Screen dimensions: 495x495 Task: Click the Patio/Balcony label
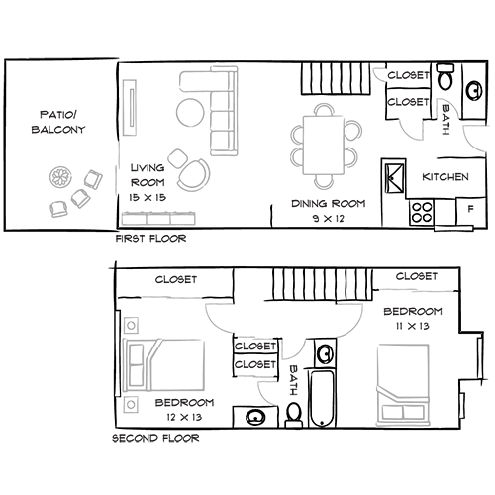pos(58,122)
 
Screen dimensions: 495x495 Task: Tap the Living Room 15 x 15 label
pos(148,182)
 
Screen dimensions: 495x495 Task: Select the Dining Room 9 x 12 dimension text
pos(329,218)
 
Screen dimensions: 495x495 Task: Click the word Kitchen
pos(445,177)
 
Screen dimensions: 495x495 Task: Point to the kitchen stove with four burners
pos(422,212)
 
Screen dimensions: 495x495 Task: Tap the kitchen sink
pos(394,178)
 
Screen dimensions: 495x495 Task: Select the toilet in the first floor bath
pos(445,77)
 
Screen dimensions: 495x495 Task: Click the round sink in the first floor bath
pos(474,90)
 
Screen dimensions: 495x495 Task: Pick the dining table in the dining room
pos(323,146)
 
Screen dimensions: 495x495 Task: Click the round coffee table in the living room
pos(190,112)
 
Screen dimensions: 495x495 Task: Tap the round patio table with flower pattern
pos(60,177)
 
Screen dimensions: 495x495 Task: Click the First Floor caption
pos(150,239)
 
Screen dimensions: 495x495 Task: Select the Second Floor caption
pos(155,438)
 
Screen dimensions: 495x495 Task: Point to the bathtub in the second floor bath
pos(322,399)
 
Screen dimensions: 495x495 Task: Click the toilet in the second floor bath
pos(293,415)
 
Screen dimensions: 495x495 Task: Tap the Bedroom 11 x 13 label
pos(413,319)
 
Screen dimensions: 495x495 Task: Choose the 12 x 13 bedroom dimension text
pos(184,417)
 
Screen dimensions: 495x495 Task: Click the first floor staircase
pos(335,78)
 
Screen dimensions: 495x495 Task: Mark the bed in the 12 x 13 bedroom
pos(163,365)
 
